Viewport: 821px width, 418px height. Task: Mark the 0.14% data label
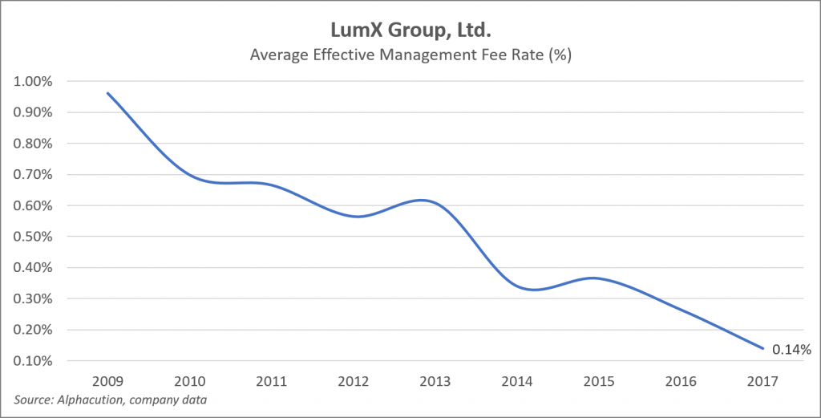coord(792,349)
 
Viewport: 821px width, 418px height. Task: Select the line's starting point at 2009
coord(107,93)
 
